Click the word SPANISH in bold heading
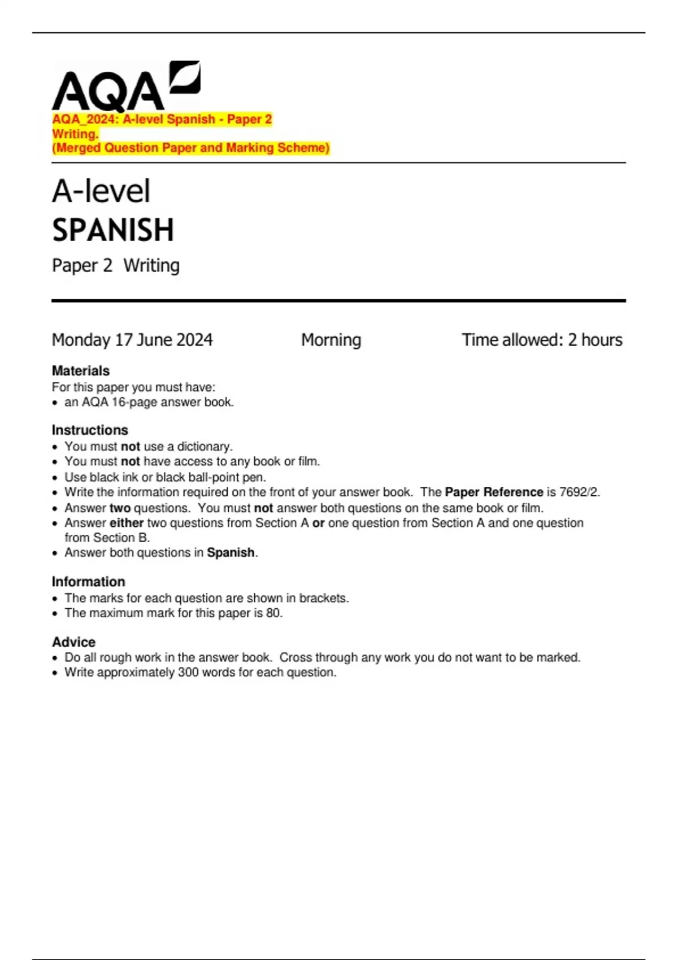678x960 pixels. point(113,230)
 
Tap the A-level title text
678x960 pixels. point(101,191)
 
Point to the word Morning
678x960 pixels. point(331,340)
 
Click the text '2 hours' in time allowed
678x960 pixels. point(595,340)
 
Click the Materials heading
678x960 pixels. point(81,370)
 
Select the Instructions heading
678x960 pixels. point(90,430)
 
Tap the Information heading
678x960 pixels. point(88,582)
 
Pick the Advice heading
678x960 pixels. point(73,642)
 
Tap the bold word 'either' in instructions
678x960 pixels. point(126,523)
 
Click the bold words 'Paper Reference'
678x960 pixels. point(494,492)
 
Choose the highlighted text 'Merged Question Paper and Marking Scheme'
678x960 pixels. point(190,148)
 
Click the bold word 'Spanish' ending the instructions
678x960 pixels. point(231,552)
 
